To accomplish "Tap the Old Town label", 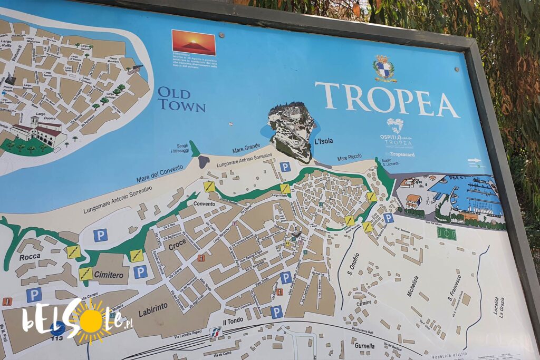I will tap(181, 99).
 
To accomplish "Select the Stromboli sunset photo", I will tap(194, 42).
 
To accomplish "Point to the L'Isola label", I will tap(323, 141).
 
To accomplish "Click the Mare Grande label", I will tap(245, 149).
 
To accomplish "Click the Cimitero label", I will tap(109, 275).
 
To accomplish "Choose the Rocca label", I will tap(30, 257).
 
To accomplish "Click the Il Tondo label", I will tap(232, 321).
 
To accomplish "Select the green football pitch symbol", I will tap(446, 233).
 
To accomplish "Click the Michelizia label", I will tap(412, 286).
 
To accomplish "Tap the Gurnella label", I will tap(365, 346).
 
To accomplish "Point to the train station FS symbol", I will tap(215, 332).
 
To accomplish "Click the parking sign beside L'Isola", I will tap(285, 167).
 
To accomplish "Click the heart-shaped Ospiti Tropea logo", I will tap(394, 125).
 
